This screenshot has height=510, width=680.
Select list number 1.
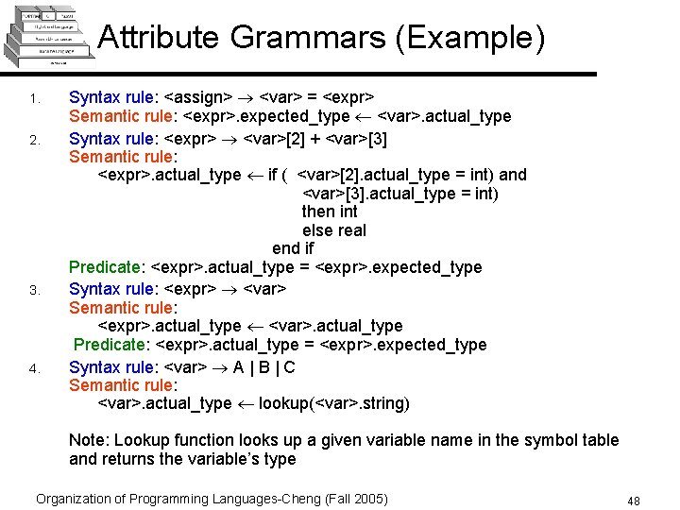(x=34, y=100)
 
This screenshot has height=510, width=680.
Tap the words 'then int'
(x=330, y=212)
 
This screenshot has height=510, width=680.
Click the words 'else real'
(x=333, y=230)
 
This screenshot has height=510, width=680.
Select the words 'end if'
(x=293, y=248)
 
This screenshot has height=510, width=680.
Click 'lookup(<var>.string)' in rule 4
(x=334, y=403)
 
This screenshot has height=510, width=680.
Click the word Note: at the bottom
(x=89, y=440)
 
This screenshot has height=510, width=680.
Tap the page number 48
(x=633, y=500)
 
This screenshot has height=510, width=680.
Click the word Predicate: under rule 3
(x=110, y=345)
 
